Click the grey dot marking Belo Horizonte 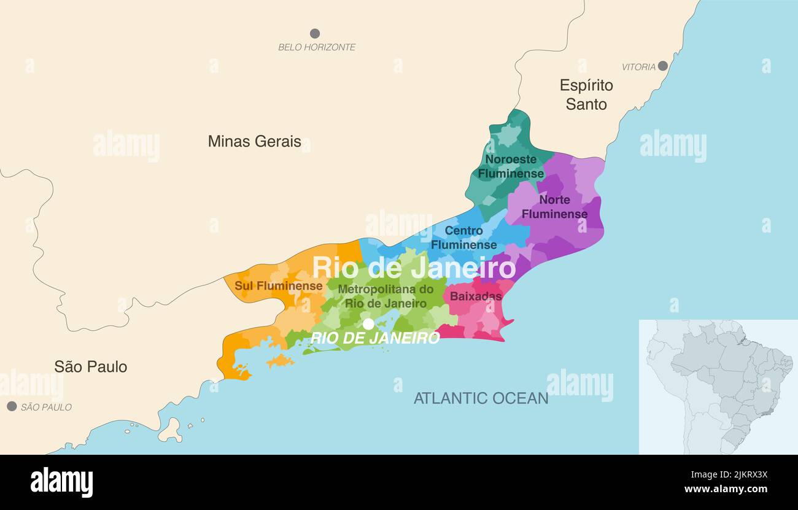(x=315, y=33)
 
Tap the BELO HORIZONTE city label (x=317, y=47)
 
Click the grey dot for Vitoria (x=662, y=66)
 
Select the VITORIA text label (x=638, y=67)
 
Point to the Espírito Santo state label (x=586, y=95)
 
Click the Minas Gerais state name (x=254, y=141)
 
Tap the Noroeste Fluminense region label (x=511, y=166)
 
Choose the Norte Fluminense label (x=554, y=207)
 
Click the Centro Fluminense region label (x=463, y=238)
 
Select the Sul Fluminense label (x=278, y=286)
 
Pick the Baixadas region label (x=476, y=296)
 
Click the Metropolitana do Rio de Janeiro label (x=385, y=296)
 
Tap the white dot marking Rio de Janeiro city (x=368, y=323)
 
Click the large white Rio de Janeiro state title (x=414, y=268)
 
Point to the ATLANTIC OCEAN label (x=481, y=398)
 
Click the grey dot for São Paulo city (x=12, y=406)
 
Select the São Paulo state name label (x=91, y=367)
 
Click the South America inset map (x=718, y=387)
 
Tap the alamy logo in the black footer (x=61, y=482)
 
